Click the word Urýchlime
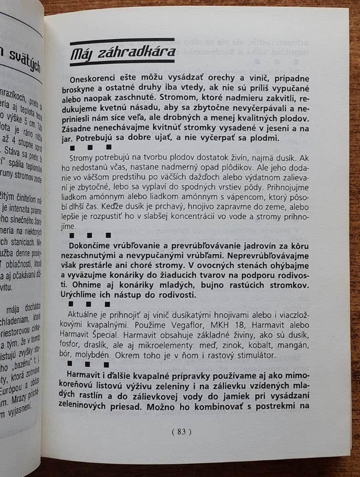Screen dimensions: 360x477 [89, 295]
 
